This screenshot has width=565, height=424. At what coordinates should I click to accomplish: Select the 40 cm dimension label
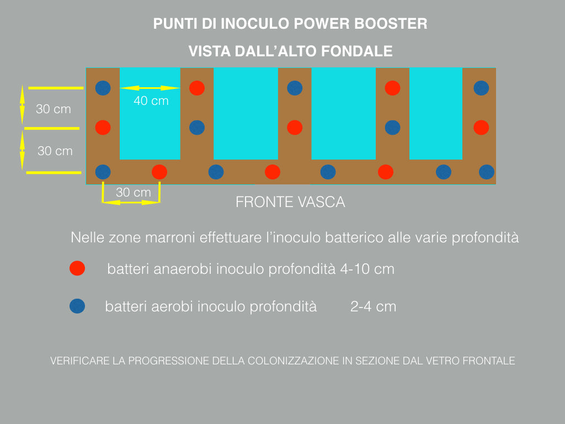pos(151,101)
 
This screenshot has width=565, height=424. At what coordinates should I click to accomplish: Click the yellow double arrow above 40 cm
pos(150,88)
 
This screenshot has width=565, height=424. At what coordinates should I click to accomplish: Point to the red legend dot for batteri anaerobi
pos(77,268)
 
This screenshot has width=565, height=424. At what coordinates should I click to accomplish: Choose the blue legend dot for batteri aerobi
pos(77,306)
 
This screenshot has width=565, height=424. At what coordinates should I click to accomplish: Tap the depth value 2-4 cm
pos(373,307)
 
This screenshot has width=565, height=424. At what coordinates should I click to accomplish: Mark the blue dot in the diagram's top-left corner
pos(103,88)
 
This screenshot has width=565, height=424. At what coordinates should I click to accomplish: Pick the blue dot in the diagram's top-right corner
pos(481,88)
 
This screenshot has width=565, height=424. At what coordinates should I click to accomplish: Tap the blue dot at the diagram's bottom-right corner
pos(486,172)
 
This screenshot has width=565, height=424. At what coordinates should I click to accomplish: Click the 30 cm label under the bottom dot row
pos(134,193)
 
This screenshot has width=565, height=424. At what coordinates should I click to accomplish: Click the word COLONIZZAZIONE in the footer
pos(294,361)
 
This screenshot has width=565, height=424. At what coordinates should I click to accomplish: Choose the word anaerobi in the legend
pos(185,269)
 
